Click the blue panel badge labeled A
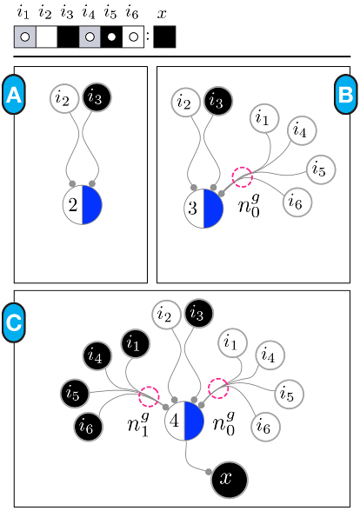[13, 95]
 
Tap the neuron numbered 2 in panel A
[83, 204]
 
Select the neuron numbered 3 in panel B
[203, 208]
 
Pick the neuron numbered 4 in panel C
[183, 422]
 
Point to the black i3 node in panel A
[96, 98]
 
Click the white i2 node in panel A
[63, 99]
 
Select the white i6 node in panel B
[296, 204]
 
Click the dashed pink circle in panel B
[241, 177]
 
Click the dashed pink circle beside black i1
[149, 395]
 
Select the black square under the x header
[163, 36]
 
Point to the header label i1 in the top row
[23, 14]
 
